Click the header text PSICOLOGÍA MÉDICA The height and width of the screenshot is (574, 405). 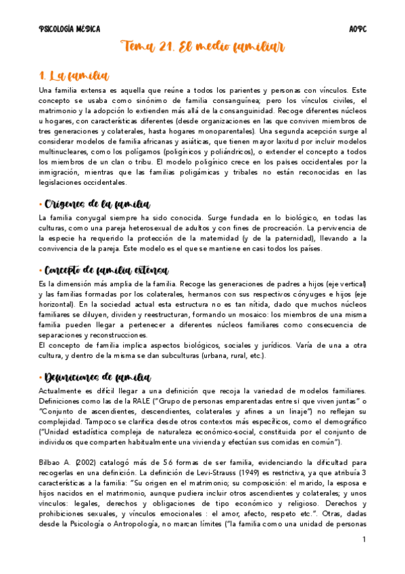click(x=70, y=29)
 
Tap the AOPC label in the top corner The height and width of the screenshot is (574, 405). click(x=357, y=29)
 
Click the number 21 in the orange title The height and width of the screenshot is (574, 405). click(x=166, y=47)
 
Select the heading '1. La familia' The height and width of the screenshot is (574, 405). click(x=74, y=76)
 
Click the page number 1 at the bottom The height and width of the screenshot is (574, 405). click(x=364, y=539)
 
